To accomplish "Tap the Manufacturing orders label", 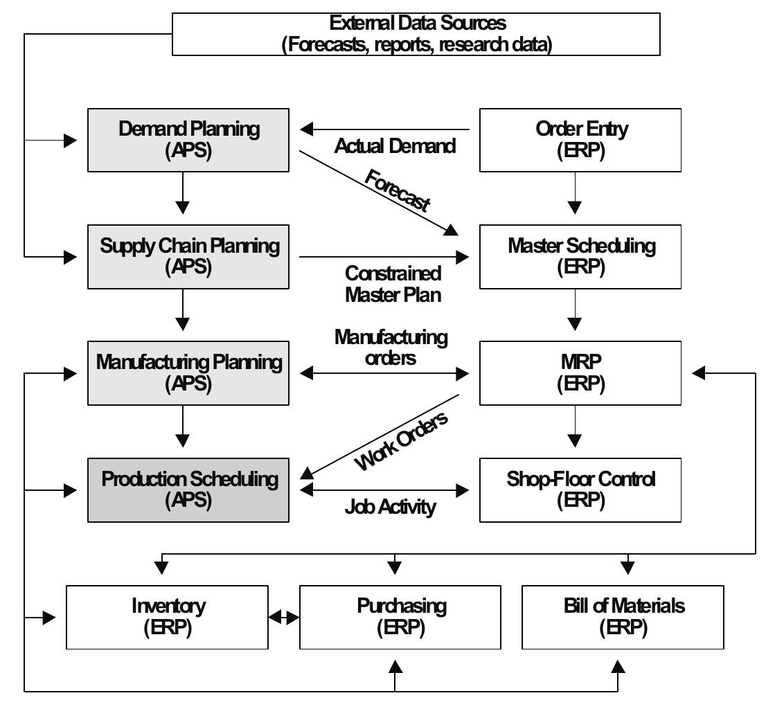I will (x=391, y=348).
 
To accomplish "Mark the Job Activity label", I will (x=391, y=508).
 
